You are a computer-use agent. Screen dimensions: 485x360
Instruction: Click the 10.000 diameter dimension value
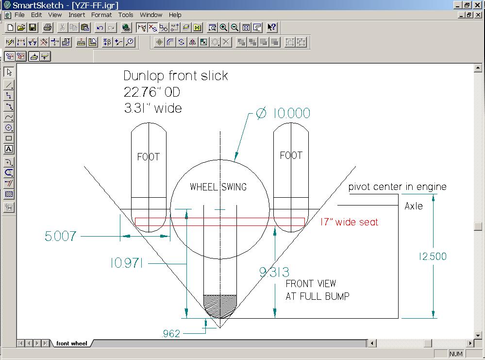[291, 113]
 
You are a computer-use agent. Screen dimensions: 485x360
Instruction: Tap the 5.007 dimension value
[60, 236]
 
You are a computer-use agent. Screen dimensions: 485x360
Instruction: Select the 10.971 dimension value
[127, 263]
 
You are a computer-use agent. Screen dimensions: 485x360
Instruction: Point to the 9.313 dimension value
[274, 272]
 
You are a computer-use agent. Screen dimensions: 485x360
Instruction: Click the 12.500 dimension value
[433, 257]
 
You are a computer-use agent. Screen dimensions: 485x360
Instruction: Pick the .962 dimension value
[171, 333]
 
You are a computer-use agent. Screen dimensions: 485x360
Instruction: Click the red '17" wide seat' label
[349, 222]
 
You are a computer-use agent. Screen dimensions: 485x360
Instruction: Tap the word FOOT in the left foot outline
[149, 156]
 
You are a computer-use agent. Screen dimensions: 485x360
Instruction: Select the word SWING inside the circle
[234, 187]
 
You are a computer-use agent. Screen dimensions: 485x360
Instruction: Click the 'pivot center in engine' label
[398, 187]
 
